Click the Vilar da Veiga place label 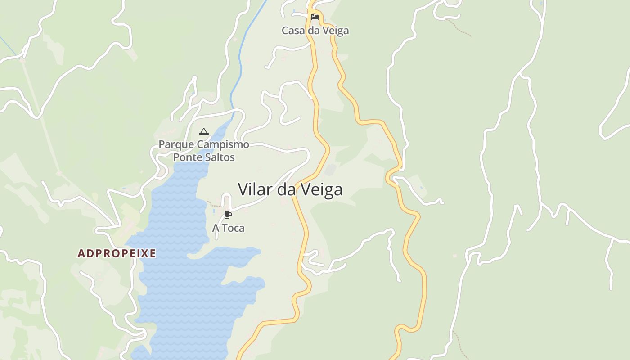coord(290,189)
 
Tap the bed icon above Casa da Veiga coord(315,17)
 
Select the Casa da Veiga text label coord(315,31)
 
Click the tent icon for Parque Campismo coord(204,131)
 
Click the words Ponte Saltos coord(204,157)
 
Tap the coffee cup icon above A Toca coord(228,215)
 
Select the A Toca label coord(228,228)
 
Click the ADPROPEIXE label coord(117,253)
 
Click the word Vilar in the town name coord(255,189)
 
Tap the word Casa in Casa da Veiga coord(293,31)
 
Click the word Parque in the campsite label coord(176,145)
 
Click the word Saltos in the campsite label coord(220,157)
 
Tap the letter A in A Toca coord(216,228)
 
